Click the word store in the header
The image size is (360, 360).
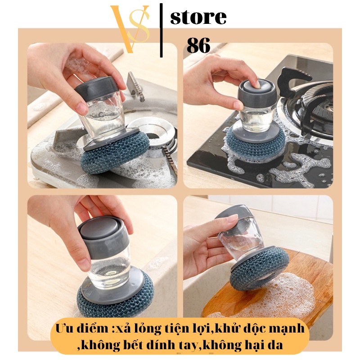coord(198,17)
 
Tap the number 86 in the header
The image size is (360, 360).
coord(198,45)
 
